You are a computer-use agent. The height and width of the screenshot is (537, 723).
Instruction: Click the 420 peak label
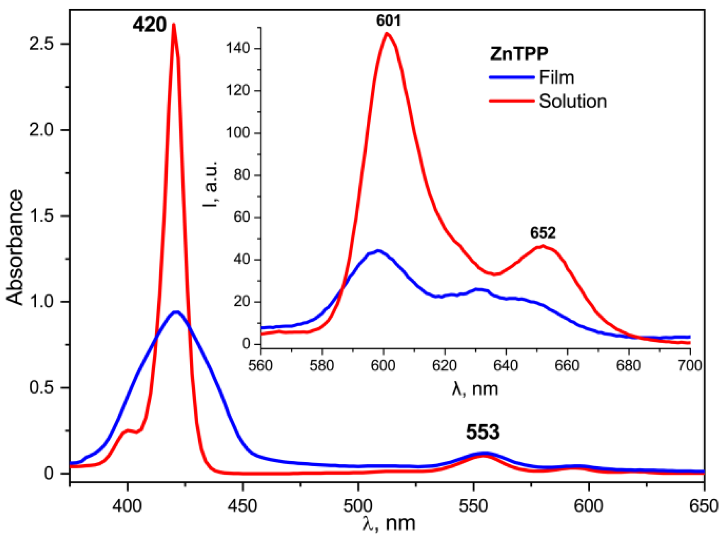click(x=149, y=25)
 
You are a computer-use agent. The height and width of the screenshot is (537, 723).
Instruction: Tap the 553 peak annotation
click(x=483, y=433)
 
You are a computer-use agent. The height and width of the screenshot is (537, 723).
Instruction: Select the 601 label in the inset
click(x=388, y=20)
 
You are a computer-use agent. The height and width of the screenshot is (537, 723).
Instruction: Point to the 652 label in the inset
click(x=542, y=233)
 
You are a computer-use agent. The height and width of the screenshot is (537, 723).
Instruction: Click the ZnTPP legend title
click(x=519, y=54)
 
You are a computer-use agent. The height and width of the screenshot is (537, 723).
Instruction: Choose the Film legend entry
click(x=556, y=77)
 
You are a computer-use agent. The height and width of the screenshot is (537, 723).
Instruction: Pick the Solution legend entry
click(x=572, y=101)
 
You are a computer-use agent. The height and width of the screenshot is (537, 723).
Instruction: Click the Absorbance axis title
click(x=15, y=247)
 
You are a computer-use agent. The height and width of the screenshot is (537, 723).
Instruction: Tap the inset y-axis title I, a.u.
click(x=210, y=184)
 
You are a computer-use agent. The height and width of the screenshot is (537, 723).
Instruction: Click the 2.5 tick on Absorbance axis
click(x=41, y=44)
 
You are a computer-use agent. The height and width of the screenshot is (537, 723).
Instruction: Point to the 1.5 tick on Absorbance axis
click(x=41, y=216)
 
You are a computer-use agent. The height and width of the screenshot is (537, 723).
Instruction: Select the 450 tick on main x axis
click(x=242, y=506)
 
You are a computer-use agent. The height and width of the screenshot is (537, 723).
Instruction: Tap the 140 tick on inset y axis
click(x=238, y=48)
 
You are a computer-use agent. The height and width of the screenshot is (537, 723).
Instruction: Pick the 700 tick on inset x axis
click(x=690, y=365)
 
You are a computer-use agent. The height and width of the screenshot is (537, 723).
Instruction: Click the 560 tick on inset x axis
click(x=261, y=365)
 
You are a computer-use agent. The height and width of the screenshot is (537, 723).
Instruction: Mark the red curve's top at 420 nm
click(x=174, y=25)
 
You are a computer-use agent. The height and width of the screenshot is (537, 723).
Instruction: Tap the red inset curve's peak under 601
click(x=387, y=33)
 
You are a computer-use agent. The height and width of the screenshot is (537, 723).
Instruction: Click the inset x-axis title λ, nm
click(x=474, y=389)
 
